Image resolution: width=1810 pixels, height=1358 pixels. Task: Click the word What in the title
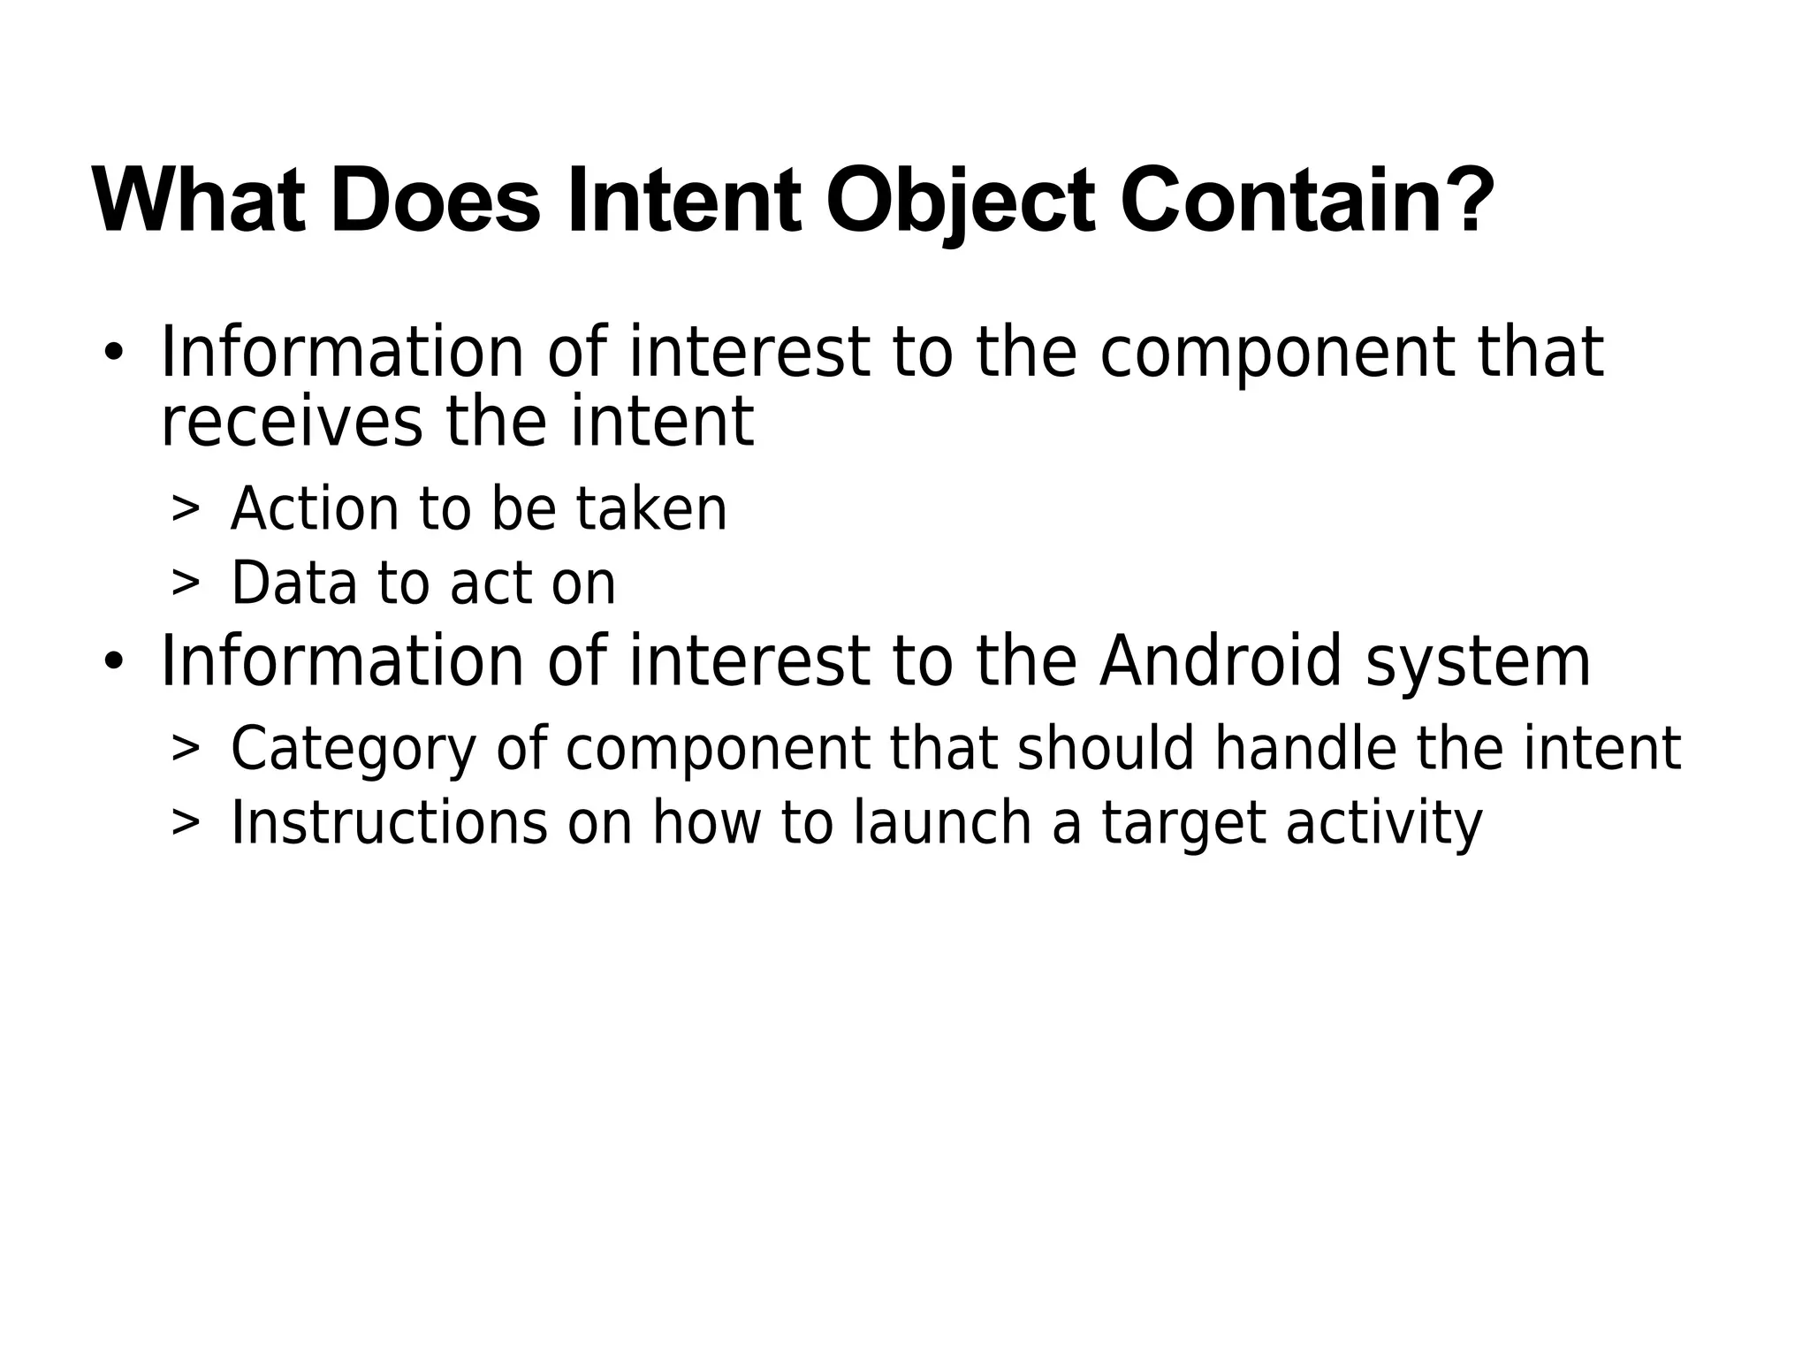tap(199, 202)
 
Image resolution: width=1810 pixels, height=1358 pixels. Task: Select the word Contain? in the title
tap(1307, 202)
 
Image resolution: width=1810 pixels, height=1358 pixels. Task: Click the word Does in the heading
tap(435, 202)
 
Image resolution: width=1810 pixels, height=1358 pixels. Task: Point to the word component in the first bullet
tap(1277, 354)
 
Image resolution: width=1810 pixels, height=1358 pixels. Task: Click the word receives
tap(292, 423)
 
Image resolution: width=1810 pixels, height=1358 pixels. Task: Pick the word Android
tap(1221, 661)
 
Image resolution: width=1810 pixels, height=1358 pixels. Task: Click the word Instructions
tap(389, 823)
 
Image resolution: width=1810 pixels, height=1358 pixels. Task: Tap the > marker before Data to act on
tap(186, 584)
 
